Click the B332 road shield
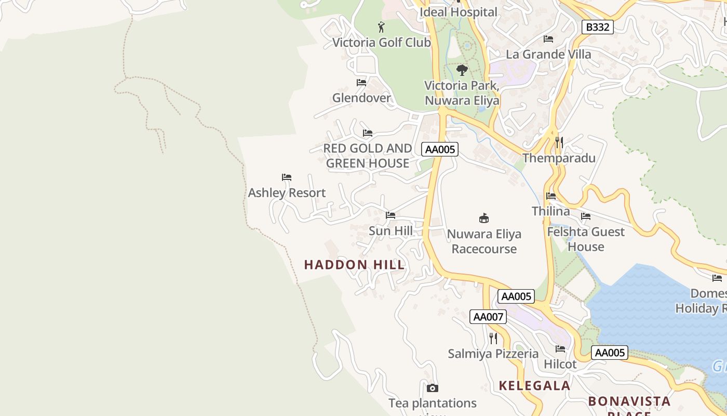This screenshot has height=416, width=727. tap(597, 27)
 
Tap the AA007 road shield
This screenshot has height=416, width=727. tap(488, 317)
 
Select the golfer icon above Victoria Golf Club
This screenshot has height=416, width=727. tap(382, 27)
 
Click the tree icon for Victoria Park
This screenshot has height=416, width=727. tap(462, 70)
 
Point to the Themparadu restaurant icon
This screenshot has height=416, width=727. tap(559, 142)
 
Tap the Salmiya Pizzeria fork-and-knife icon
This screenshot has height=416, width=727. tap(493, 339)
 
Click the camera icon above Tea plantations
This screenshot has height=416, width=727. tap(432, 388)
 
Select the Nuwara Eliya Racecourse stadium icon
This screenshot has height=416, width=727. tap(484, 218)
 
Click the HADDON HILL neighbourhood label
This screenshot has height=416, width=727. tap(354, 265)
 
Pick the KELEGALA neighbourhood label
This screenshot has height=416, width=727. tap(534, 385)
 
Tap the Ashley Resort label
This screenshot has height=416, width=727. tap(287, 193)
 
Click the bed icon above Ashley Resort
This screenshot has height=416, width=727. tap(287, 177)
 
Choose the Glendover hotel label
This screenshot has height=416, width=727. tap(361, 98)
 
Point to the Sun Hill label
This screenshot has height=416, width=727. tap(391, 231)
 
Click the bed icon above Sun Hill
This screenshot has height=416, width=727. tap(391, 215)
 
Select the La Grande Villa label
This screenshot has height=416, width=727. tap(548, 54)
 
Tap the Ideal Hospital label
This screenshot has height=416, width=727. tap(458, 12)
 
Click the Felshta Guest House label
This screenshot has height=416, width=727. tap(586, 239)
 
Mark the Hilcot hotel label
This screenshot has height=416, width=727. tap(560, 364)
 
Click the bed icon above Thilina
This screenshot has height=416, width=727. tap(551, 196)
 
